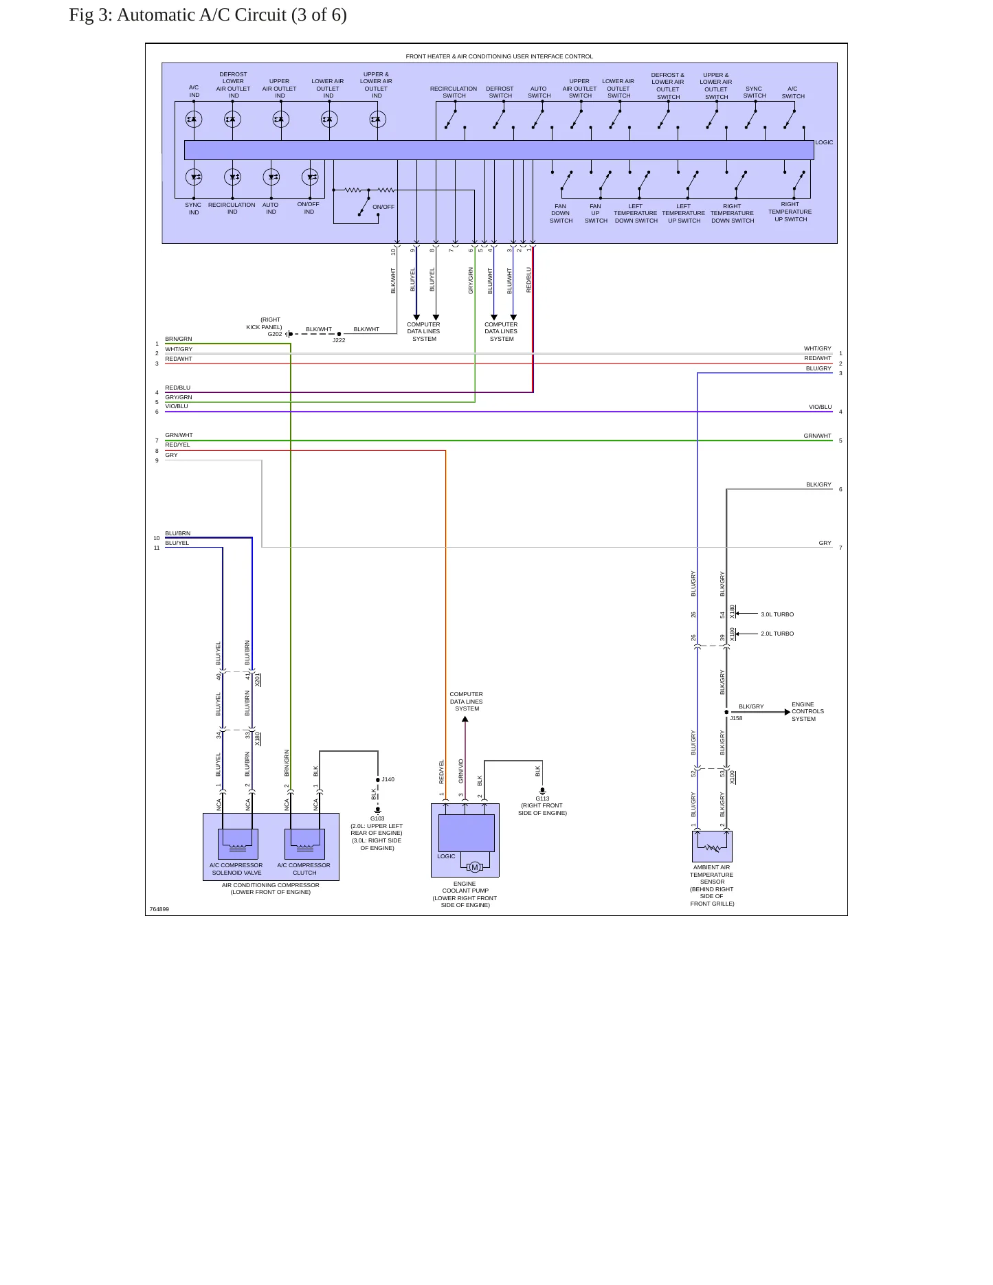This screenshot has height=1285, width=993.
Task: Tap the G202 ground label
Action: [275, 334]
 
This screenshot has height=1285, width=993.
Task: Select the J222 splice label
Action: [339, 340]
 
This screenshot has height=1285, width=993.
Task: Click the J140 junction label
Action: [388, 779]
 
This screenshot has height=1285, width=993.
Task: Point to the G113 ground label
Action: [542, 798]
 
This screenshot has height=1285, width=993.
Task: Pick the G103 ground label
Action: [377, 818]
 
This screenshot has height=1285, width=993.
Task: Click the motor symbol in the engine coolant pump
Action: [474, 867]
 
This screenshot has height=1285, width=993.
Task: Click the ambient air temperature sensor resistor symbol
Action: [712, 847]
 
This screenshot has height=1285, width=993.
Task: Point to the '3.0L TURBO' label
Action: [777, 614]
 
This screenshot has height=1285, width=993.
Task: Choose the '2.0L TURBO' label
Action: [777, 634]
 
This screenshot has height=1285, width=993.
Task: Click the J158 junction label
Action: [736, 718]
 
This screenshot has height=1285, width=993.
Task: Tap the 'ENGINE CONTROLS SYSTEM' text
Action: [807, 712]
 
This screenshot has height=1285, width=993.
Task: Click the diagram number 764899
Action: [159, 909]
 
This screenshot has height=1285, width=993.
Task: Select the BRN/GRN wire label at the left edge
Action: [179, 339]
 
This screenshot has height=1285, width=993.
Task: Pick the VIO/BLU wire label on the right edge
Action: [820, 407]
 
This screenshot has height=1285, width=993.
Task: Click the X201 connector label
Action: [258, 680]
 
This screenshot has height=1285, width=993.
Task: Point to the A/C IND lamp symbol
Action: [194, 120]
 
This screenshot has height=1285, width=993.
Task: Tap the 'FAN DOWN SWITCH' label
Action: [561, 213]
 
